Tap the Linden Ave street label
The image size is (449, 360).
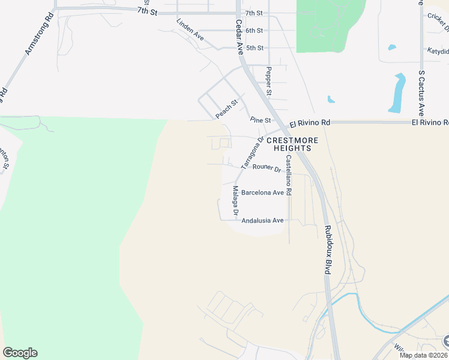point(190,29)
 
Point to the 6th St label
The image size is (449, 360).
point(255,30)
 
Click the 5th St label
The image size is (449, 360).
point(255,47)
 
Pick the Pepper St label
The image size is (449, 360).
point(269,81)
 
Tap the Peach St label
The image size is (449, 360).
point(227,109)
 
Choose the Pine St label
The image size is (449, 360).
point(261,119)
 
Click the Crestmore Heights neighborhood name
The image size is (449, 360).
point(292,143)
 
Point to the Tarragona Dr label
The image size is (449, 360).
point(252,152)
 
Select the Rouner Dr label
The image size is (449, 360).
point(267,168)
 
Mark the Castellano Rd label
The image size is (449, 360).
point(289,175)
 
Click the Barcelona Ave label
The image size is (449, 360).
point(262,193)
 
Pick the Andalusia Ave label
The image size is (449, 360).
point(262,220)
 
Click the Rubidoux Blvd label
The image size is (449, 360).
point(327,250)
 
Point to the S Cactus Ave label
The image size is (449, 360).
point(421,93)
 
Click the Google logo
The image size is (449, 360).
point(20,353)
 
